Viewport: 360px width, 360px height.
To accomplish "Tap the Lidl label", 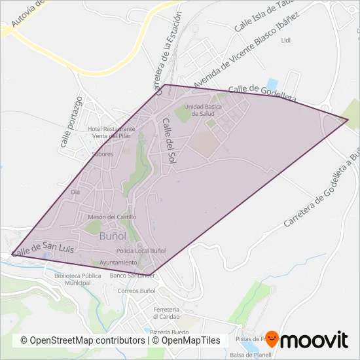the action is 285,40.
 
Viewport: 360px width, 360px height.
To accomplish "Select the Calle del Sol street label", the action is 170,140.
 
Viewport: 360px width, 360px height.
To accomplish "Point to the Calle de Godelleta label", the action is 262,92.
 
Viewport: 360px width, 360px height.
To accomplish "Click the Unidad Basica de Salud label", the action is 199,109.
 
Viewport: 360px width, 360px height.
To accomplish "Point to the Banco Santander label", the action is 132,276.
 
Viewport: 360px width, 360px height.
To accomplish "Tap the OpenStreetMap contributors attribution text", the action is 82,340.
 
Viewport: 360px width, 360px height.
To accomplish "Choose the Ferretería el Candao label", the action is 166,312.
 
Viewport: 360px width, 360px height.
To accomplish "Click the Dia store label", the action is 75,192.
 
